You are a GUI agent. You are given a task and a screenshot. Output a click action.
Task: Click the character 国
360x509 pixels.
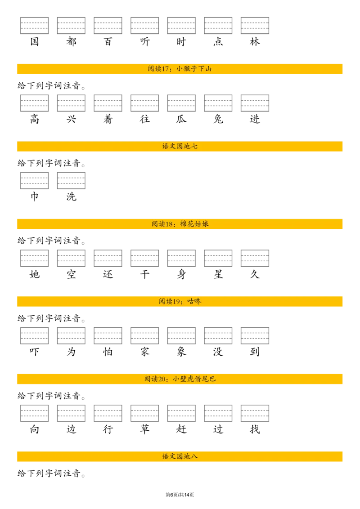coord(35,41)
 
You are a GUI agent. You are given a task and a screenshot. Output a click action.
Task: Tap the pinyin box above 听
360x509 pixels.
coord(144,26)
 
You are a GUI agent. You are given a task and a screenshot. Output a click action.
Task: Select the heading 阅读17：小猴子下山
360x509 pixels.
coord(180,69)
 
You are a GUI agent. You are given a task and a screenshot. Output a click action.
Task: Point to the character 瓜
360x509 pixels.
coord(181,119)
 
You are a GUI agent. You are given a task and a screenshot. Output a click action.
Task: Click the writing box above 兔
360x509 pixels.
coord(218,103)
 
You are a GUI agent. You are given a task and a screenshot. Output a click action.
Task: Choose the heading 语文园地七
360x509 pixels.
coord(180,147)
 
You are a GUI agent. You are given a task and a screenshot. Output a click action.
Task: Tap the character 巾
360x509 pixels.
coord(35,196)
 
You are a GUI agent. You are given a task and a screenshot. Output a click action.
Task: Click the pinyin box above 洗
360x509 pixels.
coord(71,180)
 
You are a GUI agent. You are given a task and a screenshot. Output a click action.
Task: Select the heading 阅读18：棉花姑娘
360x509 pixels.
coord(180,224)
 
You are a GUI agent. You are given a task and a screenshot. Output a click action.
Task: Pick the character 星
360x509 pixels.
coord(218,274)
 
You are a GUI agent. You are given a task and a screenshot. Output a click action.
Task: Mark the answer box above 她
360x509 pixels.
coord(35,258)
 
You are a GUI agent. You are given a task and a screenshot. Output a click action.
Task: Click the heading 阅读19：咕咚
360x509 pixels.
coord(180,302)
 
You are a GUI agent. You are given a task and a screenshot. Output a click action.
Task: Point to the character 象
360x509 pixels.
coord(181,352)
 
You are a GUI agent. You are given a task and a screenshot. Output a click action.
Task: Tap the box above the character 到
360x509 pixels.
coord(255,335)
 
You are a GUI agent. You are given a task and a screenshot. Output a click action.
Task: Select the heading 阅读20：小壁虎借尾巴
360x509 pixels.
coord(180,379)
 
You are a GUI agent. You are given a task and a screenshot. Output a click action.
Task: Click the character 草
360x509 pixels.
coord(144,429)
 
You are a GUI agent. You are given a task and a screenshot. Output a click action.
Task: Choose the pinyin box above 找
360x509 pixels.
coord(255,413)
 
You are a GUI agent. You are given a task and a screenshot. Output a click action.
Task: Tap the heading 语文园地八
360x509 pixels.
coord(180,457)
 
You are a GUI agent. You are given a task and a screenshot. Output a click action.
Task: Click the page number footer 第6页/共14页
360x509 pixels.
coord(180,495)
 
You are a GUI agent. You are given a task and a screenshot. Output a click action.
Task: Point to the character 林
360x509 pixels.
coord(255,41)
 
